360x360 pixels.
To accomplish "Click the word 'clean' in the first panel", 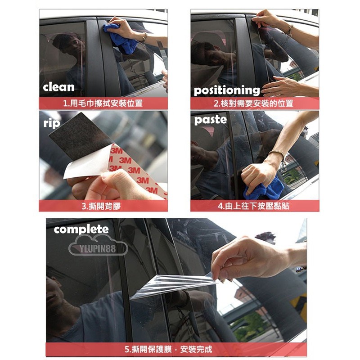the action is click(x=58, y=87).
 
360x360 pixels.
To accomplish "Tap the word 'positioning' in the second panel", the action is click(x=227, y=90).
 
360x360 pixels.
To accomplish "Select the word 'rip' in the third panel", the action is click(x=52, y=123).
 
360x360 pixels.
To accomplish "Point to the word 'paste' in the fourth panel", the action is click(x=210, y=120).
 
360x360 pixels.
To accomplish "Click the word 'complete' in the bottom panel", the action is click(x=81, y=229).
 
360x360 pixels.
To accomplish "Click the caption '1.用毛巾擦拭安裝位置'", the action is click(x=103, y=103).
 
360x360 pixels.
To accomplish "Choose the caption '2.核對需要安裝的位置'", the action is click(x=253, y=103).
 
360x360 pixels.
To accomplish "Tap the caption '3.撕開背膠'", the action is click(x=101, y=206).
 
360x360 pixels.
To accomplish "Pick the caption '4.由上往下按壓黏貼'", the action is click(x=253, y=206).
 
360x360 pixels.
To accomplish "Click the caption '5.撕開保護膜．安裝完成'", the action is click(x=168, y=349).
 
